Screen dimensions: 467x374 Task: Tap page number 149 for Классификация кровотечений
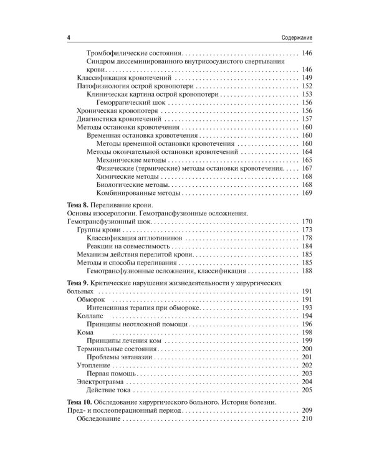(306, 78)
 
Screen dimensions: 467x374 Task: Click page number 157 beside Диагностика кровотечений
(306, 118)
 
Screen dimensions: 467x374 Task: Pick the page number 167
(306, 169)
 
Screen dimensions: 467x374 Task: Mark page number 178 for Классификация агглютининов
(306, 239)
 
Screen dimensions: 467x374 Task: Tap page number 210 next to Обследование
(306, 421)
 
